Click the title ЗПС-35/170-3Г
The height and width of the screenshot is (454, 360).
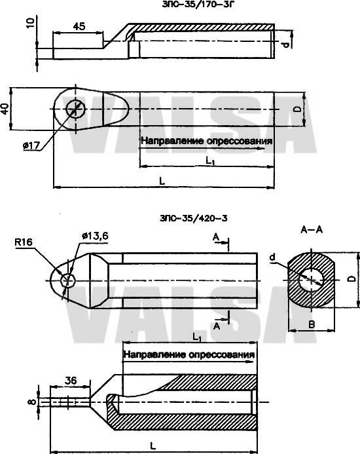click(198, 5)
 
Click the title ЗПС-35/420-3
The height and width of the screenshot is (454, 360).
click(193, 218)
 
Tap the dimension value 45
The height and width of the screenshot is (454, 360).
click(79, 26)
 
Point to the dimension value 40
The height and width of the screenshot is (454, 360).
click(5, 109)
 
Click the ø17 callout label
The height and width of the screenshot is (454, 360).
click(31, 145)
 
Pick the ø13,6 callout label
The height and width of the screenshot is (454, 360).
click(95, 236)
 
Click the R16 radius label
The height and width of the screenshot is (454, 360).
click(24, 242)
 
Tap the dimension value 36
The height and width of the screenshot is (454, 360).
click(71, 380)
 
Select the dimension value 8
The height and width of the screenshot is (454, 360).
click(33, 402)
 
